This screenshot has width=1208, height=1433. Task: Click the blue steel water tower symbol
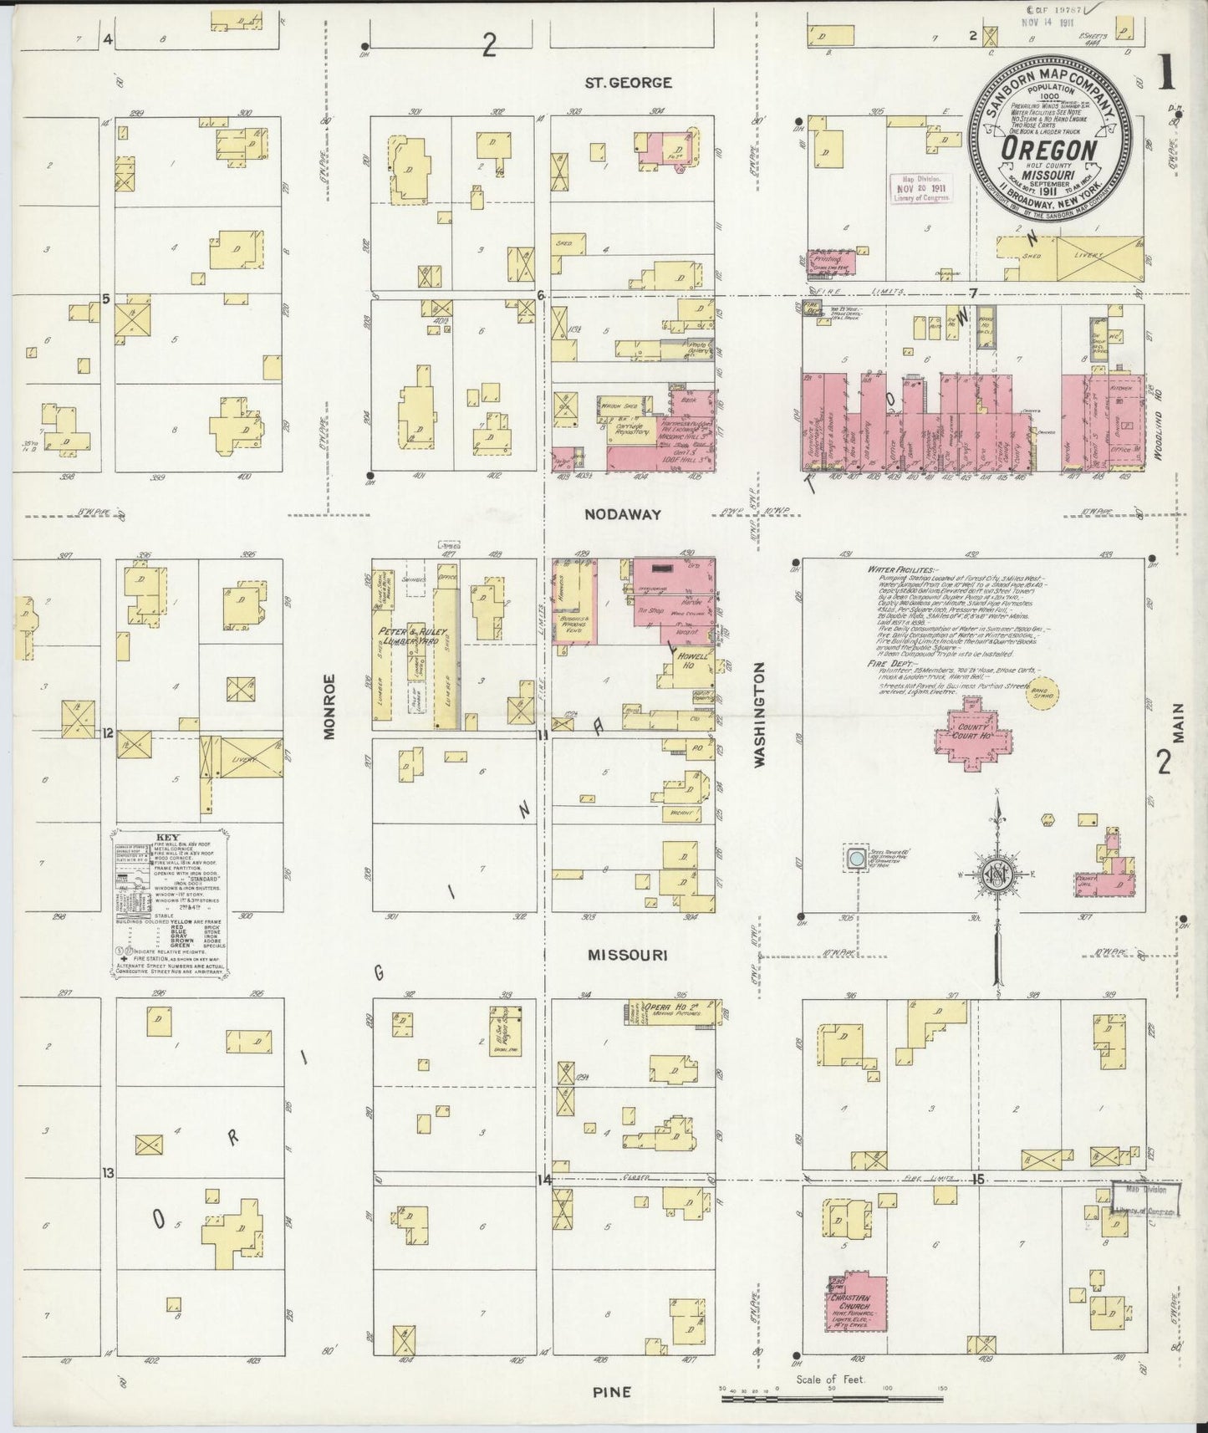(855, 859)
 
